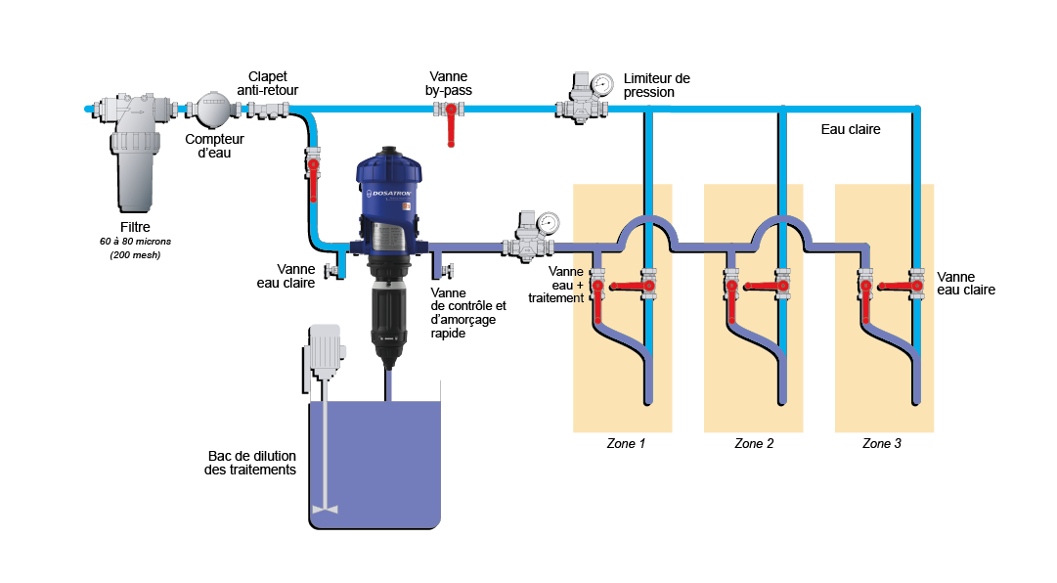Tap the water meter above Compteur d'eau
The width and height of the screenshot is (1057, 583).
212,109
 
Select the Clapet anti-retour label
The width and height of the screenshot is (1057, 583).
267,83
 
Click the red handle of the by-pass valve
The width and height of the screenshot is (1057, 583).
451,128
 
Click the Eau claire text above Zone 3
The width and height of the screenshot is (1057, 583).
850,129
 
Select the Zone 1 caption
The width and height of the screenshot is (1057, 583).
623,444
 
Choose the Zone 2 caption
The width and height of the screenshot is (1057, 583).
754,444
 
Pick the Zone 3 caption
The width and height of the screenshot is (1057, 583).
882,444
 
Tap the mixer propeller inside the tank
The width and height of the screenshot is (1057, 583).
324,509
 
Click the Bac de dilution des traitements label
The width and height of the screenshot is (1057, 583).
251,464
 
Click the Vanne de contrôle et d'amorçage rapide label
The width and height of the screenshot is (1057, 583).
468,312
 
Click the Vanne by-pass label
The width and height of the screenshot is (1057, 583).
448,83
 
